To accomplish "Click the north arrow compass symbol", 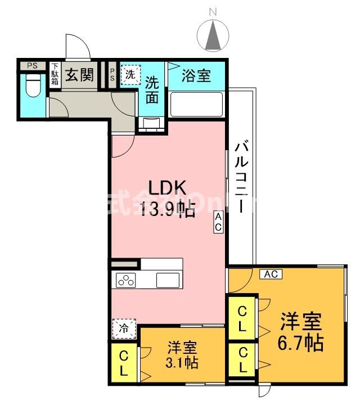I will [213, 34].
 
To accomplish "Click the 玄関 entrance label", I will [78, 75].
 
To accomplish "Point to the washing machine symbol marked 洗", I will [130, 74].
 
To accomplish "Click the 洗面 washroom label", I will [152, 90].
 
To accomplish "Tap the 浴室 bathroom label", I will [197, 75].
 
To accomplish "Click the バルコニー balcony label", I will [242, 174].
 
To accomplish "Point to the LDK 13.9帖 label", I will [167, 199].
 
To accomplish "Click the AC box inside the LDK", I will [218, 222].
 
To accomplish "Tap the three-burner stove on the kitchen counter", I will [127, 280].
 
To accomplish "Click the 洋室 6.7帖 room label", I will [301, 331].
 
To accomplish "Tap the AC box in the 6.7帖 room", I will [271, 274].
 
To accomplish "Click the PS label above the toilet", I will [33, 66].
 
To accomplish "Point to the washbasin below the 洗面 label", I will [152, 123].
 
